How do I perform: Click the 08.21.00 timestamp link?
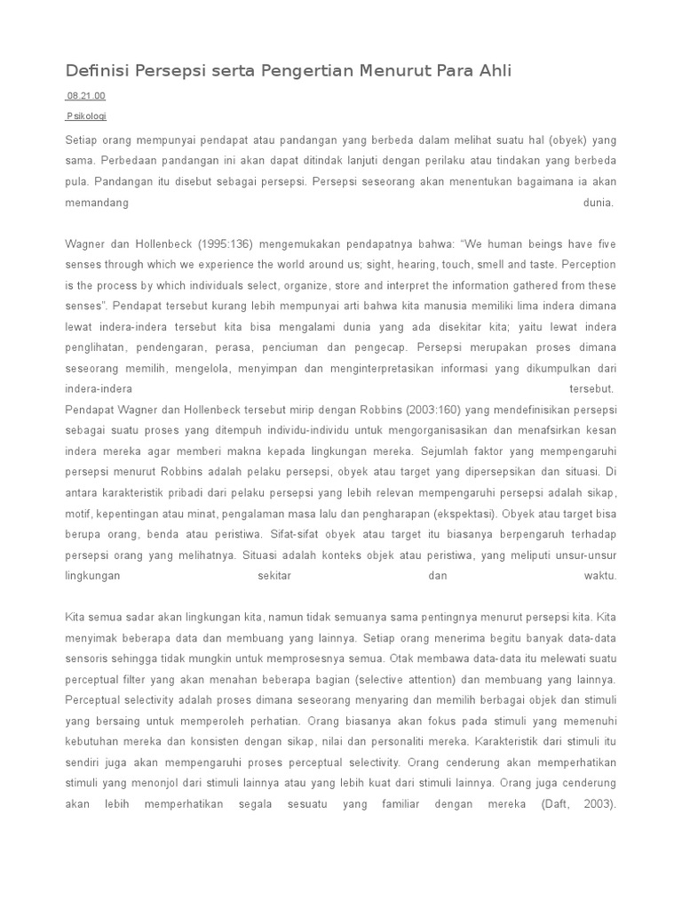click(x=86, y=96)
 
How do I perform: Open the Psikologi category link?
click(x=88, y=116)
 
